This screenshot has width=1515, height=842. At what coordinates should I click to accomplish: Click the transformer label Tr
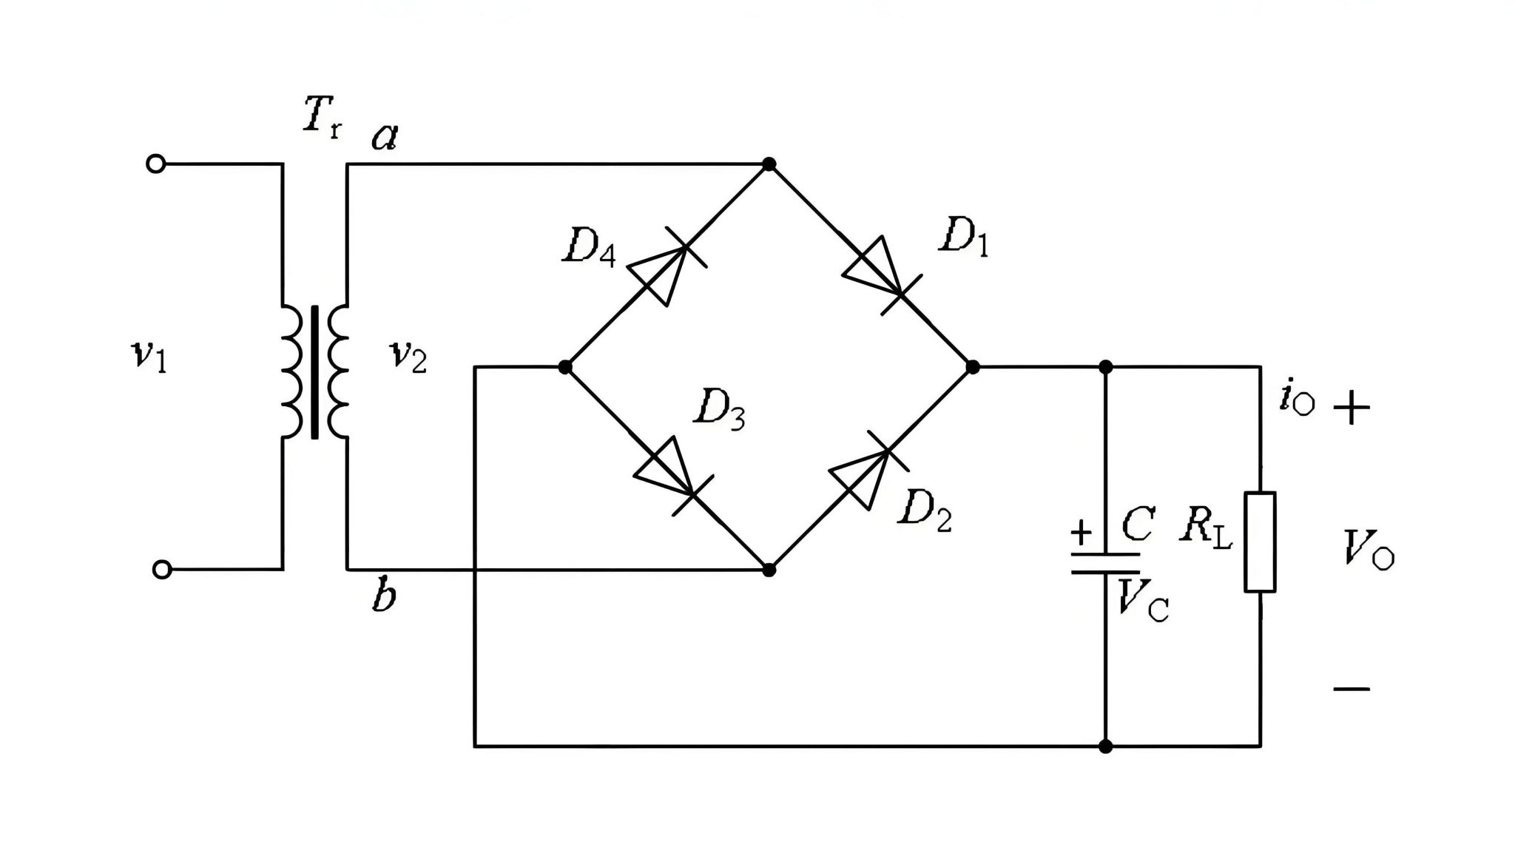(x=322, y=118)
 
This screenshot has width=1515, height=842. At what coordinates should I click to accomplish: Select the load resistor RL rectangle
(x=1260, y=542)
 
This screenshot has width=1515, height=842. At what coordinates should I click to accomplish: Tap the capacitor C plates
(x=1105, y=563)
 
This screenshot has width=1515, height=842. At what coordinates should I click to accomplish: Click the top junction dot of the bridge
(x=769, y=164)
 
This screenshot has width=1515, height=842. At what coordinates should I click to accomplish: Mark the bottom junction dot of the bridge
(x=769, y=570)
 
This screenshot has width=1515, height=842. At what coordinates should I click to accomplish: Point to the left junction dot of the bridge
(x=565, y=367)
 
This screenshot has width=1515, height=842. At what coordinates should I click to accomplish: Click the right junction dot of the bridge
(x=973, y=367)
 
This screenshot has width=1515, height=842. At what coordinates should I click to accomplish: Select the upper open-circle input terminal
(x=155, y=164)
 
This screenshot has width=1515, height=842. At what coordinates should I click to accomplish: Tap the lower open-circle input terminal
(x=162, y=570)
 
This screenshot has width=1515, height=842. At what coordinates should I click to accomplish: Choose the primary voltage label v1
(x=148, y=357)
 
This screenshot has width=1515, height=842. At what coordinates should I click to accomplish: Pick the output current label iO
(x=1296, y=400)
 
